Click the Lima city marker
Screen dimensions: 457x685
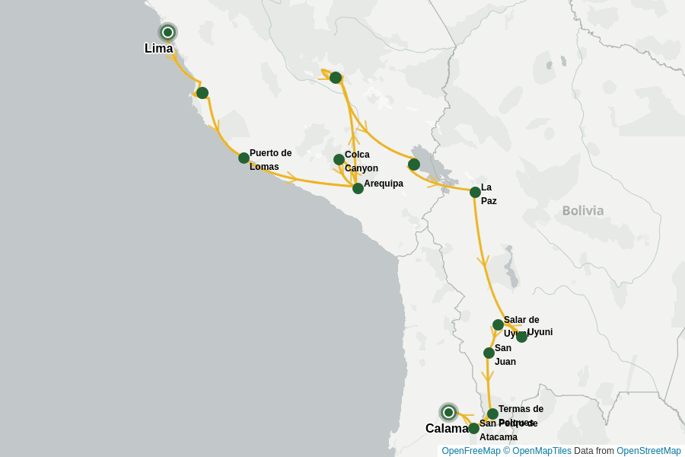pyautogui.click(x=167, y=32)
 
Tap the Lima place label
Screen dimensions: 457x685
pyautogui.click(x=158, y=49)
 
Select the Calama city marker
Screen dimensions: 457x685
pyautogui.click(x=448, y=412)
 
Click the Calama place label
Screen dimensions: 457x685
pyautogui.click(x=447, y=429)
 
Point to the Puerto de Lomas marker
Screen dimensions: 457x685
pyautogui.click(x=244, y=158)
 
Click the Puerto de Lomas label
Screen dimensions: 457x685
pyautogui.click(x=270, y=160)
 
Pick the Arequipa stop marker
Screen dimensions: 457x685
pyautogui.click(x=358, y=188)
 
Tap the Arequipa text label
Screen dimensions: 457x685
pyautogui.click(x=384, y=184)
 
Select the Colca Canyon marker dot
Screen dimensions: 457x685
pyautogui.click(x=339, y=159)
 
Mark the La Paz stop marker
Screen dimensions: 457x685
pyautogui.click(x=475, y=192)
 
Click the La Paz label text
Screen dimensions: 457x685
pyautogui.click(x=488, y=194)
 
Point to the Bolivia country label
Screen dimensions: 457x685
pyautogui.click(x=583, y=211)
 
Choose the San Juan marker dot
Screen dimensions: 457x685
pyautogui.click(x=489, y=353)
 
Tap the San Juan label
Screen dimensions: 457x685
pyautogui.click(x=505, y=355)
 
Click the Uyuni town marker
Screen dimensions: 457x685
pyautogui.click(x=521, y=337)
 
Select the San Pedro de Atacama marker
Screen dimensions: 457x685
pyautogui.click(x=473, y=428)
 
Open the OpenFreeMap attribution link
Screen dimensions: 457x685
pyautogui.click(x=470, y=451)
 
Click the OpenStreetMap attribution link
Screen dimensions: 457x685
pyautogui.click(x=648, y=451)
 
